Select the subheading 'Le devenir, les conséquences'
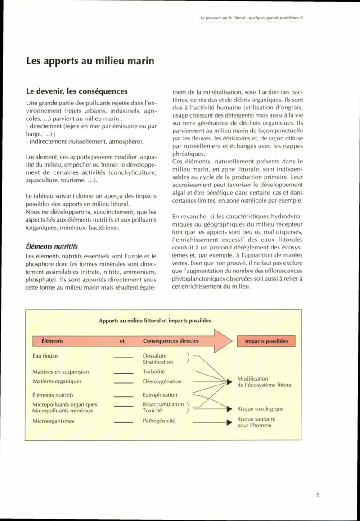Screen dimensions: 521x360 76,91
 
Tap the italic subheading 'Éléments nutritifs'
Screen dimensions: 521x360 52,246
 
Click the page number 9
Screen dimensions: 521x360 318,494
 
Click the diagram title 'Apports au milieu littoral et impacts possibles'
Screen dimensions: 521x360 154,321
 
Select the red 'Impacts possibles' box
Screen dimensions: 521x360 266,341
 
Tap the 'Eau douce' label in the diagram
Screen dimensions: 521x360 45,356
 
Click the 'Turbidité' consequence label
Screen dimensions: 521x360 154,372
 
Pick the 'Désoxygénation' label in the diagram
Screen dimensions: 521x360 162,381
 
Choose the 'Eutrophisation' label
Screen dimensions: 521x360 160,395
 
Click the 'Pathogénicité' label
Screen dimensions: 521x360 159,421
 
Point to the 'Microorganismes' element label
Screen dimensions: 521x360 53,421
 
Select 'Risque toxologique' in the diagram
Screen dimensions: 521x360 261,409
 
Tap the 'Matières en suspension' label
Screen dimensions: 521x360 60,372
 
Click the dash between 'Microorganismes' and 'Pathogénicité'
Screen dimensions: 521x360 122,422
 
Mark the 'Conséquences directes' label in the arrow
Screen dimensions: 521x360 171,341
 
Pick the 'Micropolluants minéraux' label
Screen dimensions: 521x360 63,411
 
